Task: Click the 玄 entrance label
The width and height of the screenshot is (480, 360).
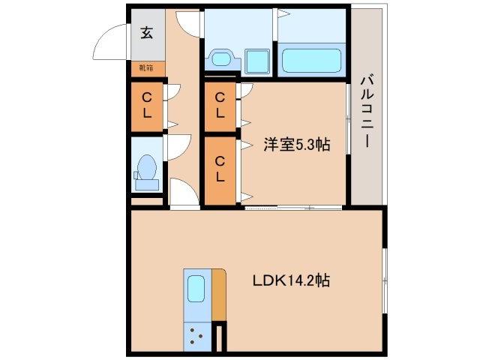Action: pyautogui.click(x=146, y=32)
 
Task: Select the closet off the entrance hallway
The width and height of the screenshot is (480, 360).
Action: pyautogui.click(x=147, y=105)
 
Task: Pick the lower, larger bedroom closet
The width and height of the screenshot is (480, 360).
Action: pyautogui.click(x=219, y=169)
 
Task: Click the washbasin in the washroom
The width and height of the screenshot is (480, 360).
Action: pyautogui.click(x=221, y=58)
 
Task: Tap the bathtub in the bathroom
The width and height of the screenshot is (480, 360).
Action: pyautogui.click(x=311, y=58)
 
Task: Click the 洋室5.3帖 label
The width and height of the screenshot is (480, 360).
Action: pyautogui.click(x=295, y=145)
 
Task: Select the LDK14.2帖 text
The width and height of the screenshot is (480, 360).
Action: pyautogui.click(x=292, y=281)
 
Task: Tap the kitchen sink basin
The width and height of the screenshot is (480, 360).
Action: pyautogui.click(x=196, y=289)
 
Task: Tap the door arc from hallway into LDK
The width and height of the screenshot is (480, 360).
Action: pyautogui.click(x=184, y=192)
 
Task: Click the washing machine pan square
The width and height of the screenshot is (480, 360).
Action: pyautogui.click(x=259, y=58)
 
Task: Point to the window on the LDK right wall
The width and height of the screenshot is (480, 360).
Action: pyautogui.click(x=385, y=280)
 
